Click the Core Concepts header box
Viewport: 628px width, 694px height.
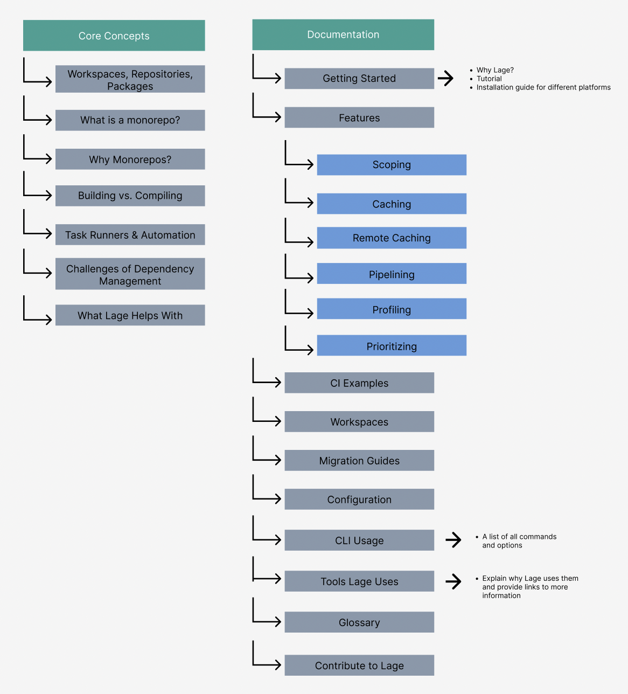114,36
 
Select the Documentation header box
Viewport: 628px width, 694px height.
343,34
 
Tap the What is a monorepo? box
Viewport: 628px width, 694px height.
130,120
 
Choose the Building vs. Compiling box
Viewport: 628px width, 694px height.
130,196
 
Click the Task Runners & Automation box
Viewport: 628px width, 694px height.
130,235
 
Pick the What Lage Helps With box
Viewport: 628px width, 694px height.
130,315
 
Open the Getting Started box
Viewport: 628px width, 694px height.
359,78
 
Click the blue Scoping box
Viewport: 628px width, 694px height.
392,165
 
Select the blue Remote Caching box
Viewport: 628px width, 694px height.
392,238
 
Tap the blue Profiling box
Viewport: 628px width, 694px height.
392,309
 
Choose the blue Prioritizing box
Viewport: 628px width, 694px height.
392,346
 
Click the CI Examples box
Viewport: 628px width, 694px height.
359,383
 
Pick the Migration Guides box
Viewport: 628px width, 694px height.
359,461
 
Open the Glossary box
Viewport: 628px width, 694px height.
359,622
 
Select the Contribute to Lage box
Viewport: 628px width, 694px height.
359,665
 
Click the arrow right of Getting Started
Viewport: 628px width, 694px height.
445,78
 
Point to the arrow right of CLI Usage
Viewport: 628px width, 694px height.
453,539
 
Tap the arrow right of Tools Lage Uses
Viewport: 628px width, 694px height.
453,581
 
